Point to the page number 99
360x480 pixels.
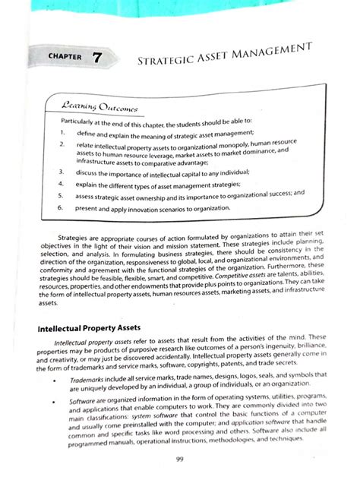[x=179, y=458]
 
